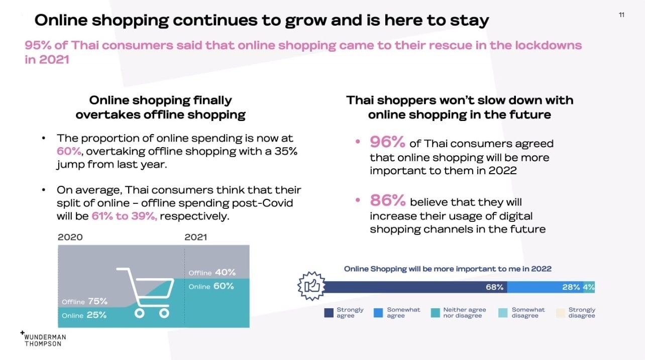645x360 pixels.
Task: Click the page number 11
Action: pyautogui.click(x=621, y=15)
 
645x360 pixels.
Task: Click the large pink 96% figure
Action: pyautogui.click(x=387, y=142)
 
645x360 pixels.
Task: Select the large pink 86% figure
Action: pyautogui.click(x=388, y=200)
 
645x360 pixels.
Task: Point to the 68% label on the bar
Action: pyautogui.click(x=494, y=287)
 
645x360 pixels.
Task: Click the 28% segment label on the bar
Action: pyautogui.click(x=571, y=287)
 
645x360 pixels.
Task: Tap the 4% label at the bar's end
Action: pyautogui.click(x=589, y=287)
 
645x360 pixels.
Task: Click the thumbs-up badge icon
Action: pyautogui.click(x=311, y=286)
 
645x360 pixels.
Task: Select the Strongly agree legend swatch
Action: pyautogui.click(x=329, y=313)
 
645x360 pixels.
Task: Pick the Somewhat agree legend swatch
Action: pyautogui.click(x=378, y=313)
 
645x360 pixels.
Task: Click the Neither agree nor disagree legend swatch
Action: pyautogui.click(x=436, y=313)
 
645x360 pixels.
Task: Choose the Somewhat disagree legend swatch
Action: pyautogui.click(x=503, y=313)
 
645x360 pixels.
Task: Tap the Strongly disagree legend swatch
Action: pyautogui.click(x=560, y=313)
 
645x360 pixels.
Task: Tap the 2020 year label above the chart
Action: pyautogui.click(x=70, y=237)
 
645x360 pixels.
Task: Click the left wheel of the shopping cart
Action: pyautogui.click(x=139, y=313)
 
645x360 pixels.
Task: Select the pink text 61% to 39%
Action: pyautogui.click(x=125, y=216)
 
